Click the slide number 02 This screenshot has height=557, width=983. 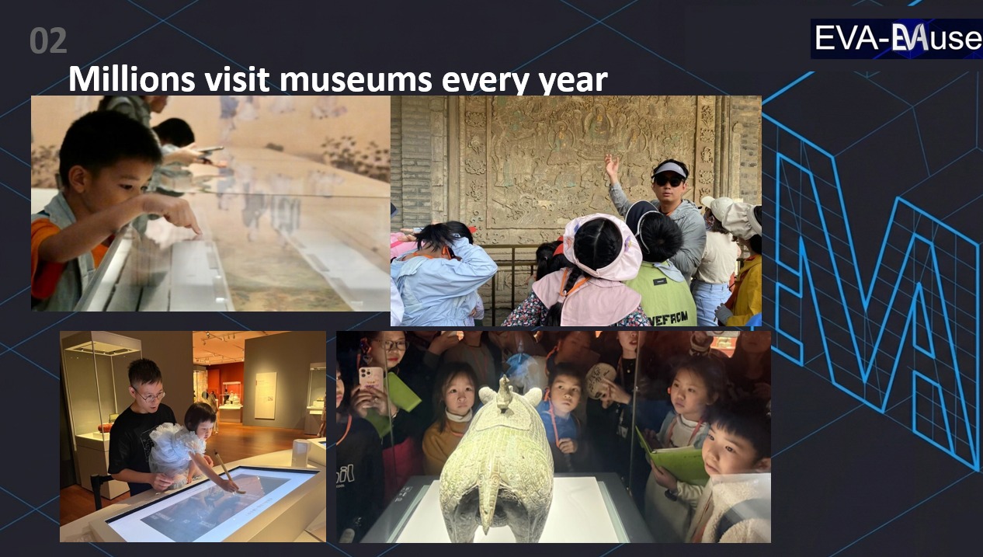[48, 41]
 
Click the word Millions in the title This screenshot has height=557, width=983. [124, 79]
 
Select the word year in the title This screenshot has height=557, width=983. [575, 81]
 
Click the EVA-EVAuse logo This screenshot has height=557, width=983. [896, 39]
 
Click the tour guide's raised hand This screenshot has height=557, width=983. [612, 165]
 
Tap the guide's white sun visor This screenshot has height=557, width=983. [670, 168]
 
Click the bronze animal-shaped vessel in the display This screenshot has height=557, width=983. [498, 466]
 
